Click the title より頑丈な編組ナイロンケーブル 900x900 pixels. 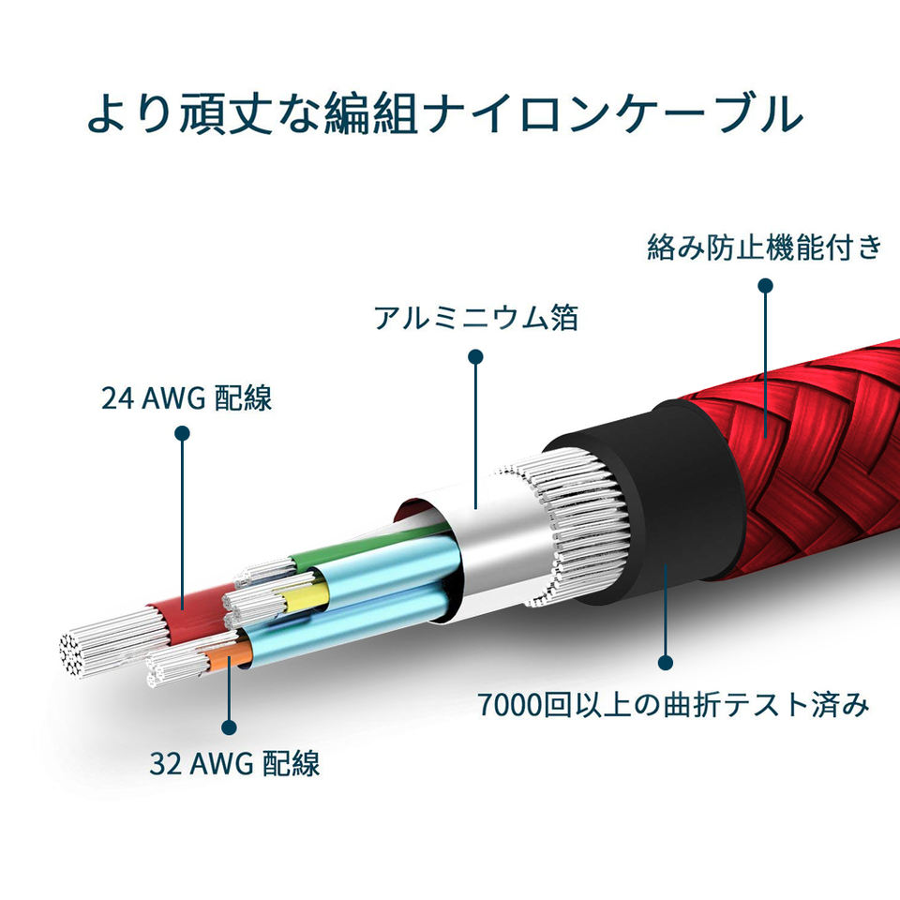pos(445,112)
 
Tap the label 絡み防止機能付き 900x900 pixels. pos(765,247)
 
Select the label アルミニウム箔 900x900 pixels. pos(475,319)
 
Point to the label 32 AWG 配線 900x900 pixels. pos(234,763)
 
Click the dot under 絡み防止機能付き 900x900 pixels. pos(766,285)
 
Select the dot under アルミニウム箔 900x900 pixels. pos(475,356)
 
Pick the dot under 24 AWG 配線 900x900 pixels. pos(183,433)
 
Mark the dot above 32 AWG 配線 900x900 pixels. pos(228,726)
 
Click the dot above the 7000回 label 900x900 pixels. pos(666,663)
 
